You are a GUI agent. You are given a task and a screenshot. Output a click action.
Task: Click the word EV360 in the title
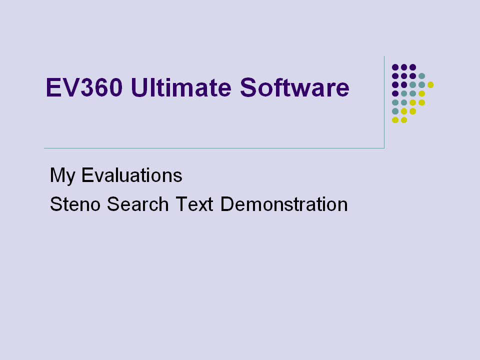click(x=84, y=87)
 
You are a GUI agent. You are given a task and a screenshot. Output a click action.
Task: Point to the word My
click(x=62, y=175)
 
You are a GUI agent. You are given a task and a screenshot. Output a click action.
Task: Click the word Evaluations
click(x=131, y=175)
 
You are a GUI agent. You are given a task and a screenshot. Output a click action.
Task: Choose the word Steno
click(x=75, y=204)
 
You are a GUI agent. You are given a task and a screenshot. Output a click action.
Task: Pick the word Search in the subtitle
click(x=138, y=204)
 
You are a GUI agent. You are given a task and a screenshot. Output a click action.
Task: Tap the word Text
click(x=194, y=204)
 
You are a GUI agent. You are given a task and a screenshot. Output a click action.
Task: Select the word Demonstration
click(x=284, y=204)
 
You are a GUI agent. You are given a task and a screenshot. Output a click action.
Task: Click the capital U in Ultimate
click(x=139, y=87)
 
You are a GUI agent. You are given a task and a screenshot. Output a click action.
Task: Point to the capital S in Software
click(x=248, y=87)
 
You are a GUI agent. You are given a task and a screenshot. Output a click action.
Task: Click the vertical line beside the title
click(x=384, y=102)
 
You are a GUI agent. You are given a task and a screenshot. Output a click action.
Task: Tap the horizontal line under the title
click(x=214, y=148)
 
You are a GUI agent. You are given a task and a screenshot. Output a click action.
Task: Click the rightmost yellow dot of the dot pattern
click(x=430, y=85)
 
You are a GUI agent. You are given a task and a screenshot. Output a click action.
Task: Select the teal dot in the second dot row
click(x=421, y=76)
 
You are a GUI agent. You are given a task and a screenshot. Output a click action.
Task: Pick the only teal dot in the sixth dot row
click(x=395, y=111)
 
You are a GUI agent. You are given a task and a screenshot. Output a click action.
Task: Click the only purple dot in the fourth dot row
click(x=395, y=93)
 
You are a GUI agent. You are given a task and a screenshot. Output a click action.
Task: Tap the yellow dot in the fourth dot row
click(x=421, y=93)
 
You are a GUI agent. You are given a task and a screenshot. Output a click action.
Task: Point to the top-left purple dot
click(x=395, y=67)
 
